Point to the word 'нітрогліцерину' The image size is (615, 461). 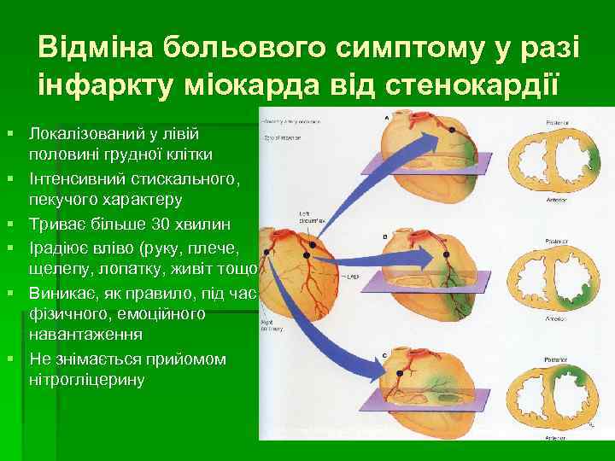pyautogui.click(x=87, y=378)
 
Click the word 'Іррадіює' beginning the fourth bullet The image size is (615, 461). pyautogui.click(x=60, y=248)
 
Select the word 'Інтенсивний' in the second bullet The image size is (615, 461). pyautogui.click(x=74, y=178)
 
